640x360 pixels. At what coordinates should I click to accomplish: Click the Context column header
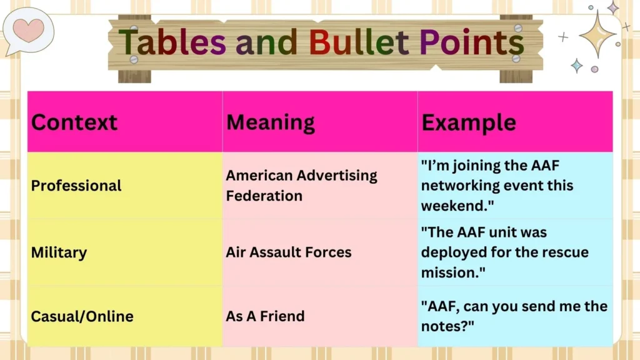tap(74, 122)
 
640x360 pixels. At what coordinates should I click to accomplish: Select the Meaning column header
tap(270, 122)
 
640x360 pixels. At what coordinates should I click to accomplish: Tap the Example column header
tap(468, 122)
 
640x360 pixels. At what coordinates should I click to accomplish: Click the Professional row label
tap(76, 186)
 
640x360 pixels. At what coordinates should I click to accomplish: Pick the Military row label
tap(59, 252)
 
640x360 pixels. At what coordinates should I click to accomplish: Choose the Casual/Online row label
tap(82, 316)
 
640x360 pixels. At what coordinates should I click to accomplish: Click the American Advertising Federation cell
tap(301, 186)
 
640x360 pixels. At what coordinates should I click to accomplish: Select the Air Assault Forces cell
tap(288, 252)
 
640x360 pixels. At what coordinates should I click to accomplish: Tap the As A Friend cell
tap(265, 316)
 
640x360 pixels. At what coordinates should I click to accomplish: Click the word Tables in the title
tap(172, 42)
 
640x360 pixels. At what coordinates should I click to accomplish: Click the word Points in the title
tap(471, 42)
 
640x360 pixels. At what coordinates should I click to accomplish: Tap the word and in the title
tap(268, 42)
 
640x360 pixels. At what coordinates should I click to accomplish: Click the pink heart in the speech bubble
tap(28, 29)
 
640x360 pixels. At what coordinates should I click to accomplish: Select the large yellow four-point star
tap(597, 34)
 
